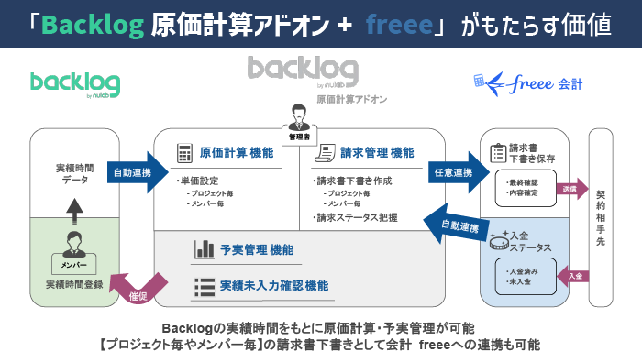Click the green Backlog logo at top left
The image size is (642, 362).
pyautogui.click(x=74, y=83)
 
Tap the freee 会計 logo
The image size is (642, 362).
pyautogui.click(x=526, y=83)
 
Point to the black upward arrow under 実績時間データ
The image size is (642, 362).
pyautogui.click(x=74, y=209)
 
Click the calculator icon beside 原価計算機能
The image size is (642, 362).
pyautogui.click(x=183, y=153)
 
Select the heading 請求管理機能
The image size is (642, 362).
pyautogui.click(x=377, y=153)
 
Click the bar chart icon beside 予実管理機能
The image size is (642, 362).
pyautogui.click(x=204, y=249)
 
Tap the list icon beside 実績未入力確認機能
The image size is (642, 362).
pyautogui.click(x=204, y=286)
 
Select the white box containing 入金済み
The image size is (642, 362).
pyautogui.click(x=525, y=277)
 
